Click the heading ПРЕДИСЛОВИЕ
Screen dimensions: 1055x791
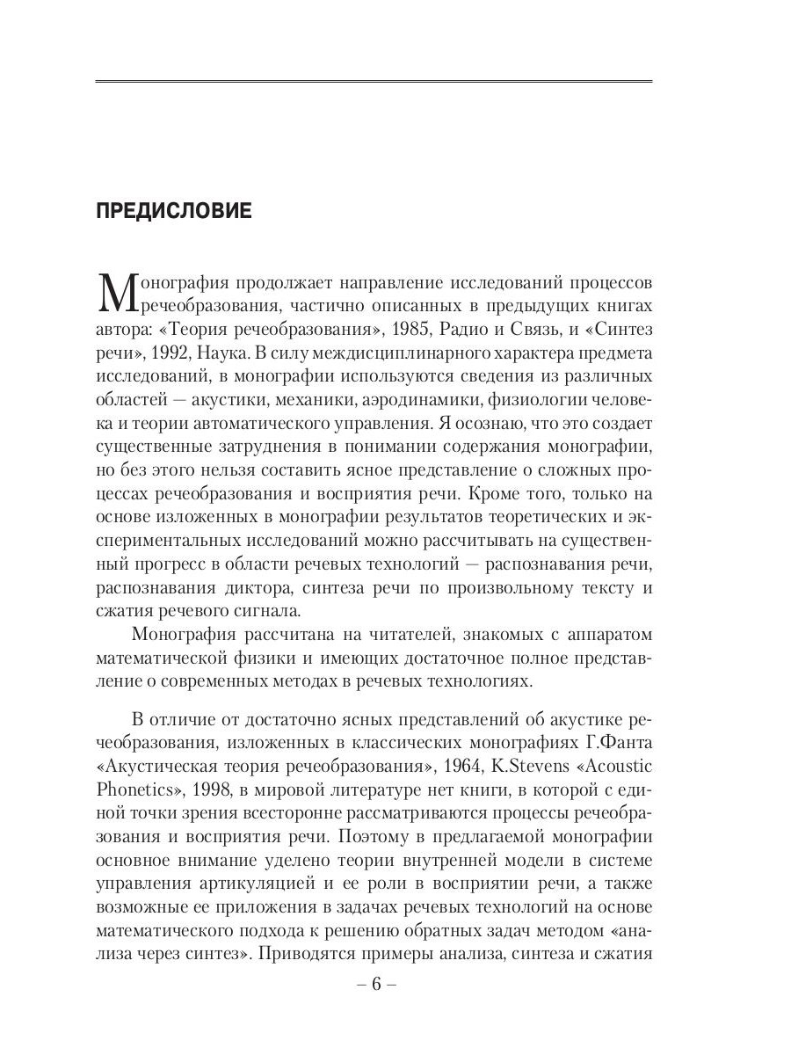click(173, 211)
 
